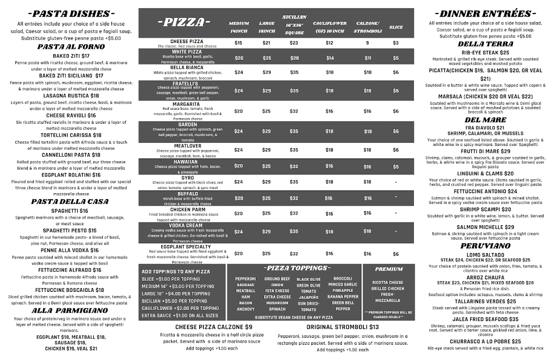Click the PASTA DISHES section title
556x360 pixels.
pos(71,13)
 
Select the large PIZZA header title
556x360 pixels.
pos(184,22)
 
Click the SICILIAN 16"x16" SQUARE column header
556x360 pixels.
pos(294,25)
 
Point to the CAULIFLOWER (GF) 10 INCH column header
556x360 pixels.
pos(329,27)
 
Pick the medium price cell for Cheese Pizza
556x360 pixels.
pos(239,43)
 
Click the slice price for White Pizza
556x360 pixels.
pos(396,58)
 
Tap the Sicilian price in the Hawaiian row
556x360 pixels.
pos(294,166)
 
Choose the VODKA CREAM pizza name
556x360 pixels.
pos(185,225)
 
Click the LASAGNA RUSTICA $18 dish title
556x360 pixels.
pos(71,95)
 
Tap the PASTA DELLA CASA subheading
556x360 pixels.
pos(69,202)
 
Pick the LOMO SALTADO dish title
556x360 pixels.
pos(485,255)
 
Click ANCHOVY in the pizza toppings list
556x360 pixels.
pos(245,309)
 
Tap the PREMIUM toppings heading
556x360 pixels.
pos(388,269)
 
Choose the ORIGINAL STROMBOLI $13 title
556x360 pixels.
pos(342,327)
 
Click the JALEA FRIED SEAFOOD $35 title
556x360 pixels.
pos(485,319)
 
